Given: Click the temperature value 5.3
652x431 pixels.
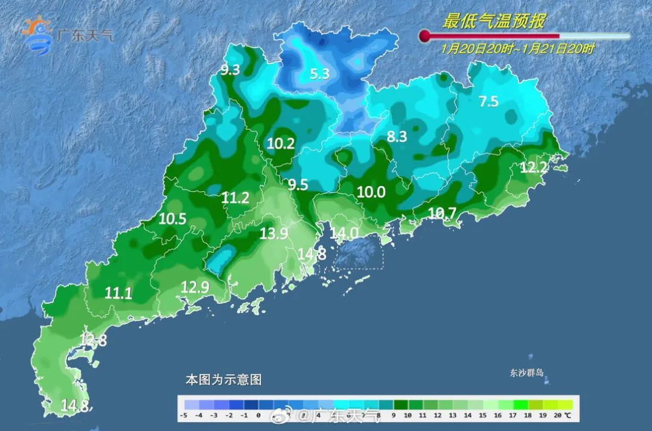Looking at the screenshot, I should (x=319, y=74).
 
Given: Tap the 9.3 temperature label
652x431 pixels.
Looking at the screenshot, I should (x=230, y=70).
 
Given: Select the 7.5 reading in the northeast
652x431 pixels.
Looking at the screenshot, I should (x=488, y=102).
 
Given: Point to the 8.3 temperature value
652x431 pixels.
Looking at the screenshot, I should (x=397, y=137).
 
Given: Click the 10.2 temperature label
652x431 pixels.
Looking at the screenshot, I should (x=281, y=144).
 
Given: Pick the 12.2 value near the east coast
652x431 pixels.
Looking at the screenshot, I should (x=533, y=168).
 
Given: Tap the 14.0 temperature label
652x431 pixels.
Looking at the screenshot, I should (x=344, y=233).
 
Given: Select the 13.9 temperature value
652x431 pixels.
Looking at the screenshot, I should (x=273, y=234).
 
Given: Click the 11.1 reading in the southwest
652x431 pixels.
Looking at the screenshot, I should (x=118, y=293).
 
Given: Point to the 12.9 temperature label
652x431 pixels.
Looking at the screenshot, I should (x=194, y=288).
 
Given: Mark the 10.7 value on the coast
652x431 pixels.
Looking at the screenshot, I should (x=442, y=212).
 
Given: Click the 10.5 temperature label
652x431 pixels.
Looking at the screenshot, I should (x=173, y=219).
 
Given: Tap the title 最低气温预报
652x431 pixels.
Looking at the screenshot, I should (x=494, y=22).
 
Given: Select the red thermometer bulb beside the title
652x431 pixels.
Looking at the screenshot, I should (x=424, y=36).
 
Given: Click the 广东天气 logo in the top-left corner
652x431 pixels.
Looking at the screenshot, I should (x=66, y=35).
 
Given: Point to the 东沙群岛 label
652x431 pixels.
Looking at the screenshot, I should (x=526, y=373).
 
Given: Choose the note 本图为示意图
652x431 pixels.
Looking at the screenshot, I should (x=223, y=380).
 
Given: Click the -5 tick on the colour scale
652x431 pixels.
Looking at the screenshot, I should (x=184, y=416).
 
